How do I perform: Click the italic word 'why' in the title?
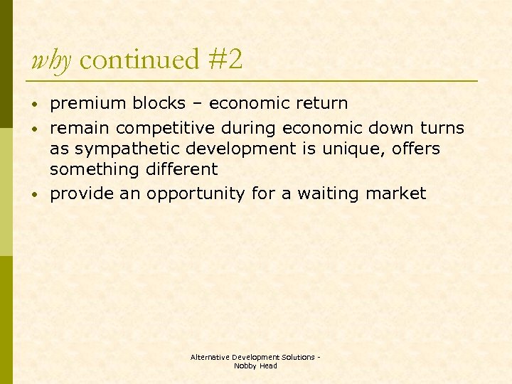click(50, 60)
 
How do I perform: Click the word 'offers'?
click(415, 149)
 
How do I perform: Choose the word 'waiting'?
click(327, 194)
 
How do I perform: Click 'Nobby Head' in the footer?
click(255, 366)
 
